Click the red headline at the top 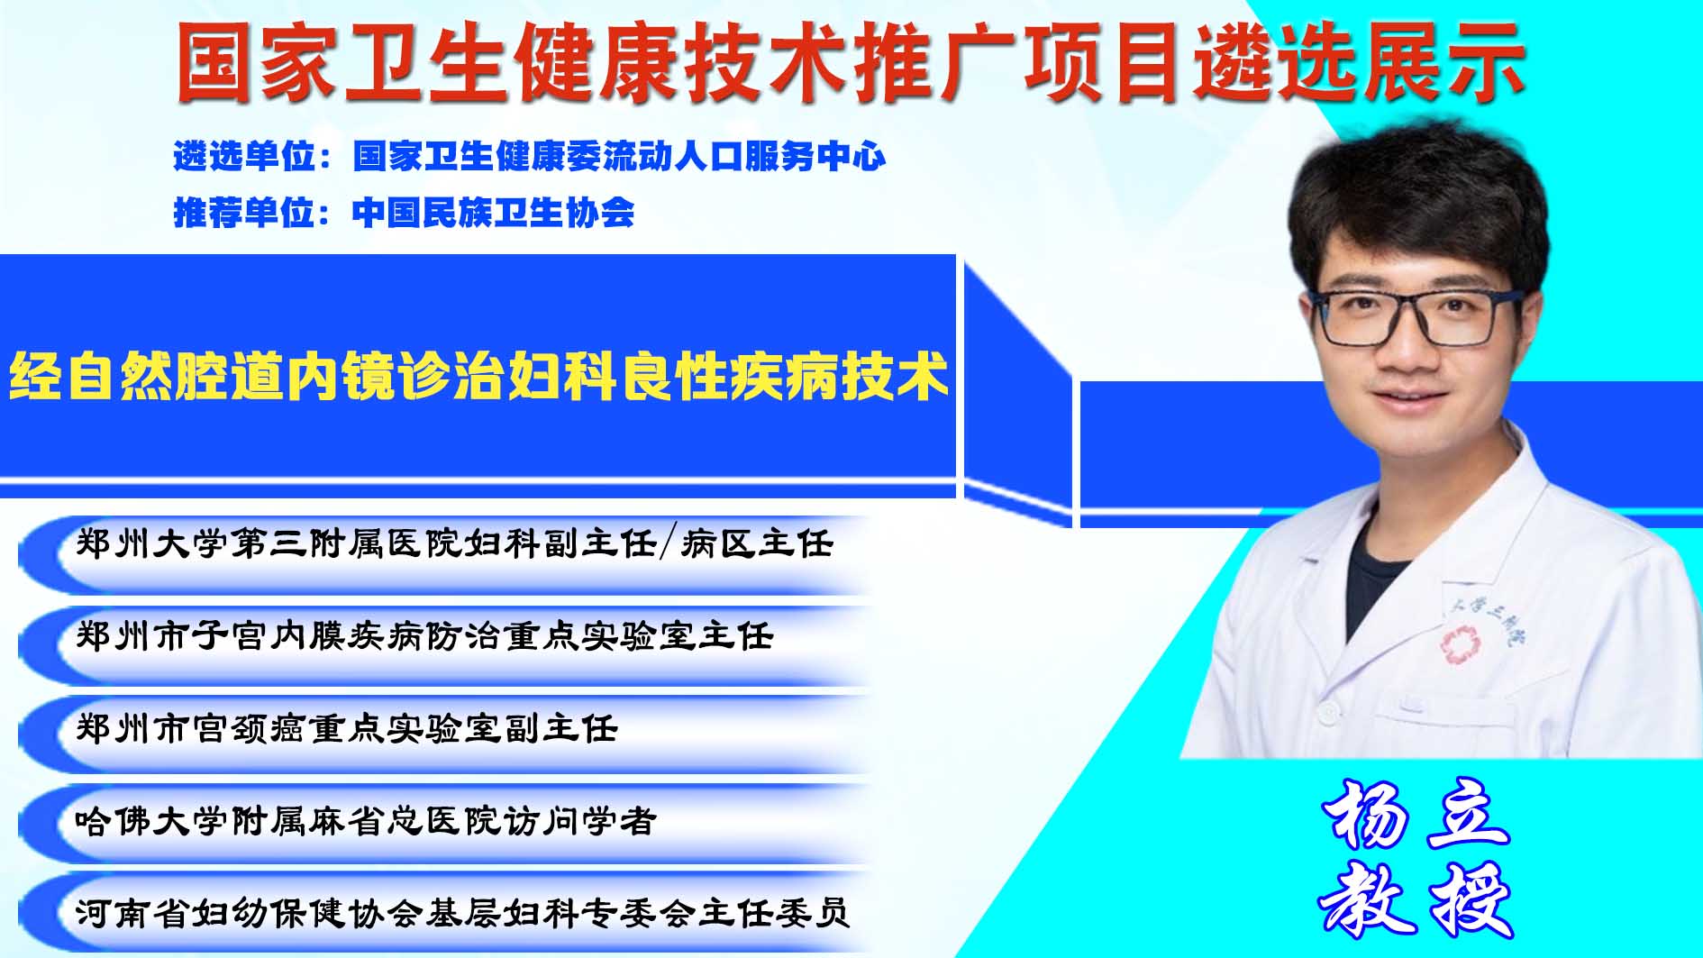click(x=851, y=62)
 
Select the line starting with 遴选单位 click(x=530, y=157)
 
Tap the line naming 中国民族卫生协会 click(x=404, y=213)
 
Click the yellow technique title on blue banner click(x=478, y=376)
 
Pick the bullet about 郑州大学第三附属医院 click(x=455, y=543)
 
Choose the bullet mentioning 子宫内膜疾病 click(x=424, y=636)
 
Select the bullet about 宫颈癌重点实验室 click(x=347, y=728)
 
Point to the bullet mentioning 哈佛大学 click(x=366, y=821)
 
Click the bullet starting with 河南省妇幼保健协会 click(x=462, y=913)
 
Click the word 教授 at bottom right click(x=1416, y=899)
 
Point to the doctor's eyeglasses click(x=1416, y=317)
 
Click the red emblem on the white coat click(x=1459, y=645)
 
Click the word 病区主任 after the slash click(x=757, y=543)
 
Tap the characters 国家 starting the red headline click(x=257, y=62)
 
